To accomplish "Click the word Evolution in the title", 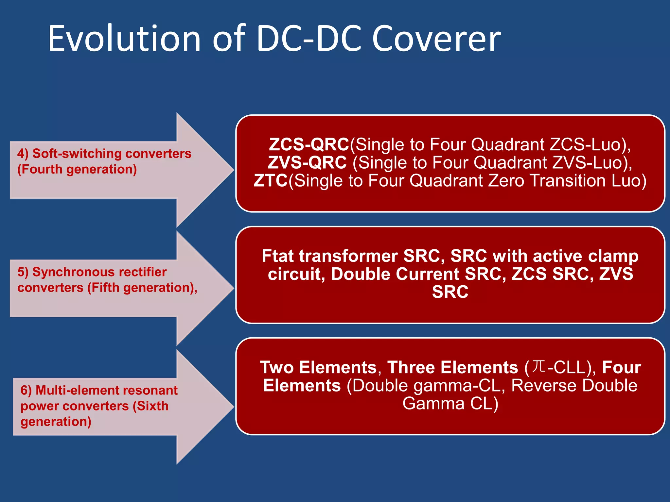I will click(124, 39).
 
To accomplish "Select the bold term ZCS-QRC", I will click(309, 144).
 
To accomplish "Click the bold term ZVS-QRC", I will click(307, 162).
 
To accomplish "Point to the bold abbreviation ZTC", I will click(271, 180).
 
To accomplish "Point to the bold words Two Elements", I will click(319, 367).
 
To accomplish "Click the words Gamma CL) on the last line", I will click(450, 404).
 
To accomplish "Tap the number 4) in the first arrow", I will click(23, 154).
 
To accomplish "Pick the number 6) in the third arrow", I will click(26, 391).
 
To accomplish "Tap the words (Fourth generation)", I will click(77, 169).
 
